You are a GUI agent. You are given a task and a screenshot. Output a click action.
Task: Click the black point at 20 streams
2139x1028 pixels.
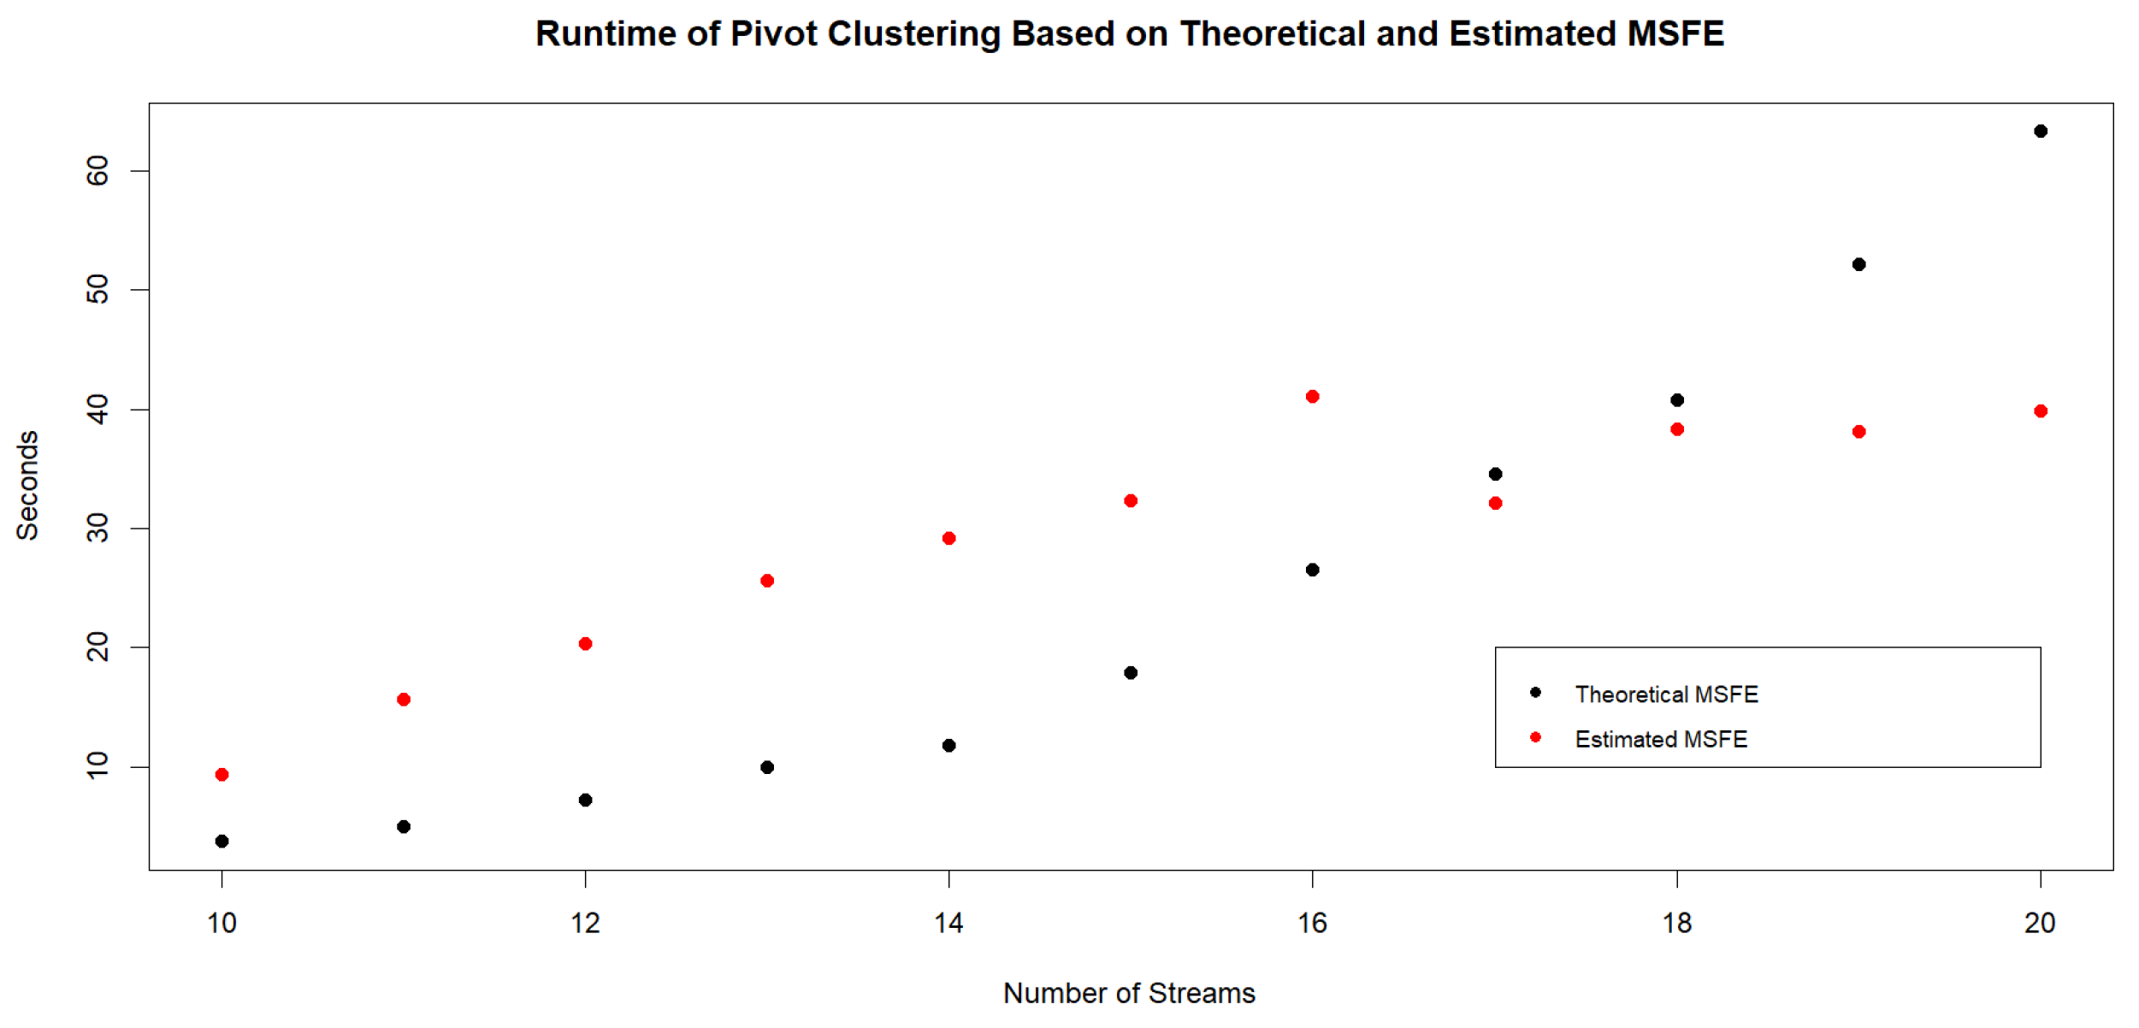[2040, 131]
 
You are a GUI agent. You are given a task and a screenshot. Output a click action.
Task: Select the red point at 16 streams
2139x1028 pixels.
[1312, 397]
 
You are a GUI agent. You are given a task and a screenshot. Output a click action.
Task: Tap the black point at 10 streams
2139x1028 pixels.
[222, 842]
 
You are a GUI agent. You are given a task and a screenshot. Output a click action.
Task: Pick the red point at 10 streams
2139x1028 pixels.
[222, 775]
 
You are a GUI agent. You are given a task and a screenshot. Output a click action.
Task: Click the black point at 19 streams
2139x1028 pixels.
[1858, 264]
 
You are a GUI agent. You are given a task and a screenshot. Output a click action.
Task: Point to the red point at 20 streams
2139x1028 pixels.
[2040, 411]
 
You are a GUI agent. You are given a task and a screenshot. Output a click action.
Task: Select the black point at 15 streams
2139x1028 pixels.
[1131, 673]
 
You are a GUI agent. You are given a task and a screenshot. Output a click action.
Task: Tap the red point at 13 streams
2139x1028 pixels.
[767, 582]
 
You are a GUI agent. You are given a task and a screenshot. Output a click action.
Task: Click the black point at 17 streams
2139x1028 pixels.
[1495, 474]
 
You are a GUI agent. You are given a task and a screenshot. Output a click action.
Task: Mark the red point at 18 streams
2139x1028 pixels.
[1677, 429]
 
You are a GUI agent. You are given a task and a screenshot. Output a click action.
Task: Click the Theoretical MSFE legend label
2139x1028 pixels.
[1666, 694]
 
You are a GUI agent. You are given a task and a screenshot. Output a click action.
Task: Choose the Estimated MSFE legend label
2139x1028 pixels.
[1661, 740]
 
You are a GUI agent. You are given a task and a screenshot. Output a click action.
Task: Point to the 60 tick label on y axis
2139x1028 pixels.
[98, 171]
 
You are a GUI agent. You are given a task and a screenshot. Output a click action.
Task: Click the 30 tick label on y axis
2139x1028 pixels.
[98, 529]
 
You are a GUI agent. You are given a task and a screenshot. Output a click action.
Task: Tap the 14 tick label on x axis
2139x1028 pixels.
[948, 924]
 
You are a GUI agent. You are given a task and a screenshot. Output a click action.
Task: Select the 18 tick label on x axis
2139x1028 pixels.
[1677, 924]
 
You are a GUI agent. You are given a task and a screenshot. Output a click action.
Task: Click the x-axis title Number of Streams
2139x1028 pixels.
[1129, 994]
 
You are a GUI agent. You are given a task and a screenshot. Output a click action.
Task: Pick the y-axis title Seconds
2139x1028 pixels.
[27, 485]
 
